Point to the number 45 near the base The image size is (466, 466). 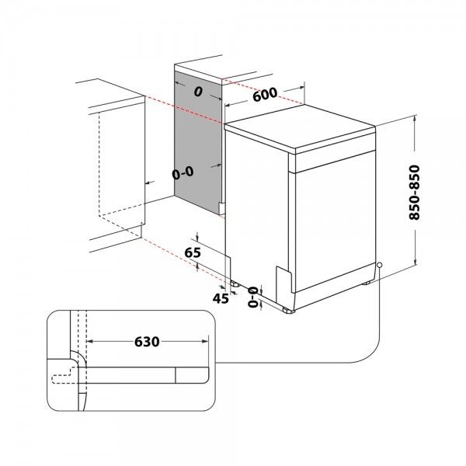pos(221,297)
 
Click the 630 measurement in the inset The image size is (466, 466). pos(148,341)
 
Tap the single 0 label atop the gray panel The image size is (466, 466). pos(199,92)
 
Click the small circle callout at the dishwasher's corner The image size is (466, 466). pos(378,266)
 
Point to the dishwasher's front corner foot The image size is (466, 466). pos(289,309)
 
